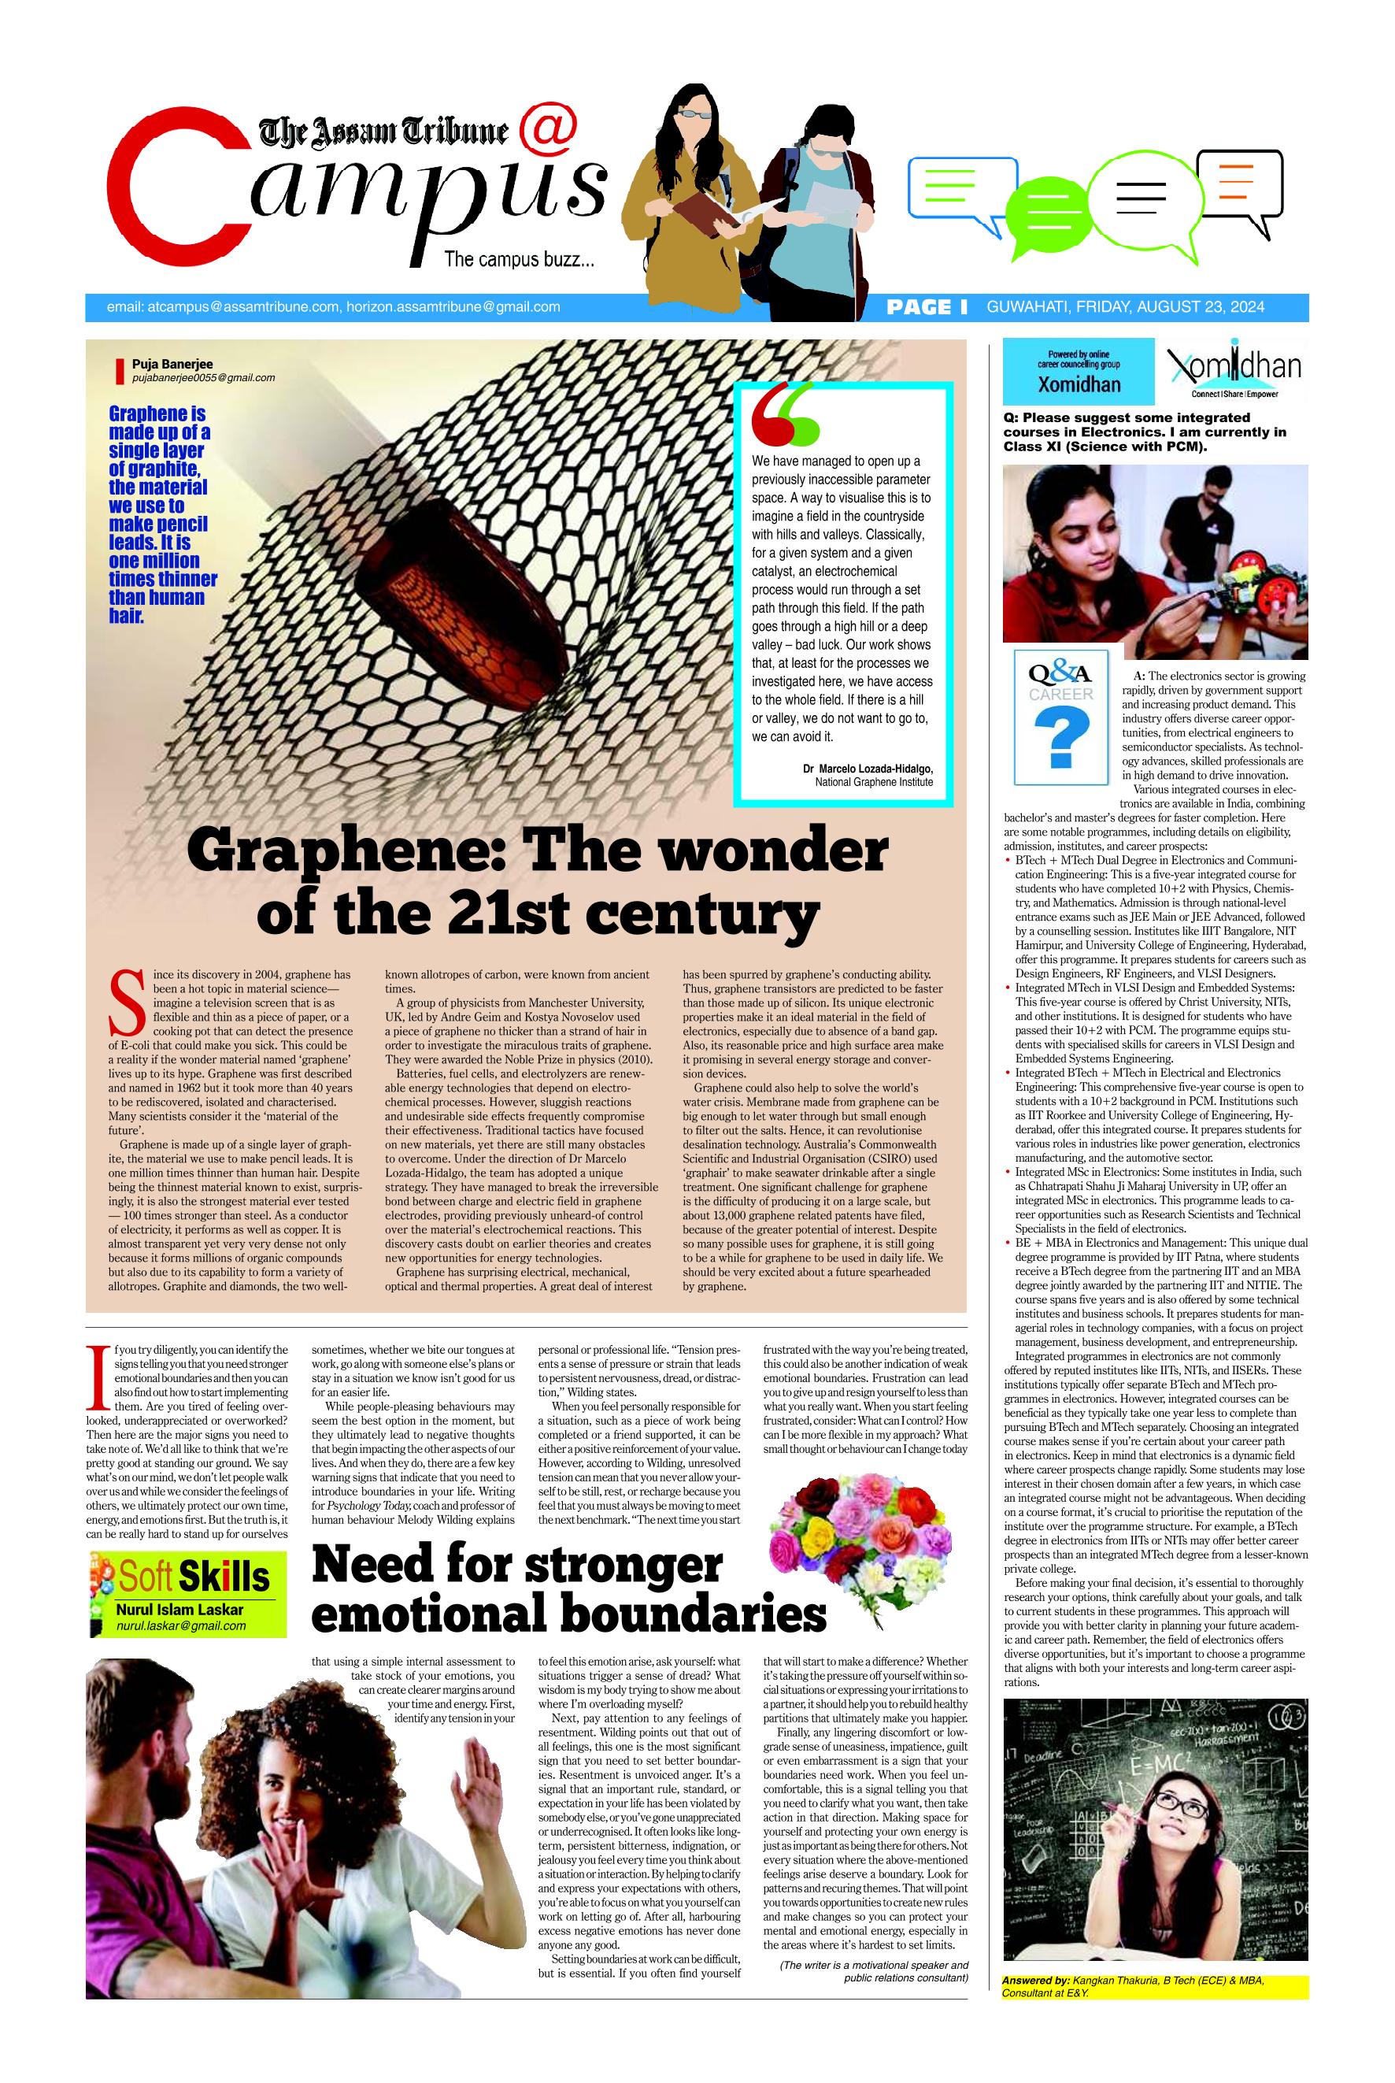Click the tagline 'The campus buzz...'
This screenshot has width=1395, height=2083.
[x=520, y=260]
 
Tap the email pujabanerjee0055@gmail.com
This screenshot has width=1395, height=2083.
[x=203, y=377]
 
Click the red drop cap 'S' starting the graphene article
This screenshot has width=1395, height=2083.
[x=124, y=999]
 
